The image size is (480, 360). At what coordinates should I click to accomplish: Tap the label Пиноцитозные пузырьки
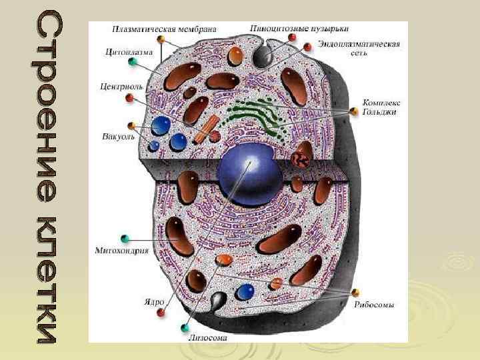[299, 29]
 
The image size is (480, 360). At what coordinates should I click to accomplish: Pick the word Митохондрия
[121, 251]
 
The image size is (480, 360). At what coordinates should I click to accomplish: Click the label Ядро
[154, 301]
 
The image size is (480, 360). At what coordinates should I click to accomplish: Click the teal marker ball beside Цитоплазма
[133, 62]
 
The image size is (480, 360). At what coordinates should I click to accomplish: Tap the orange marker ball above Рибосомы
[356, 293]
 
